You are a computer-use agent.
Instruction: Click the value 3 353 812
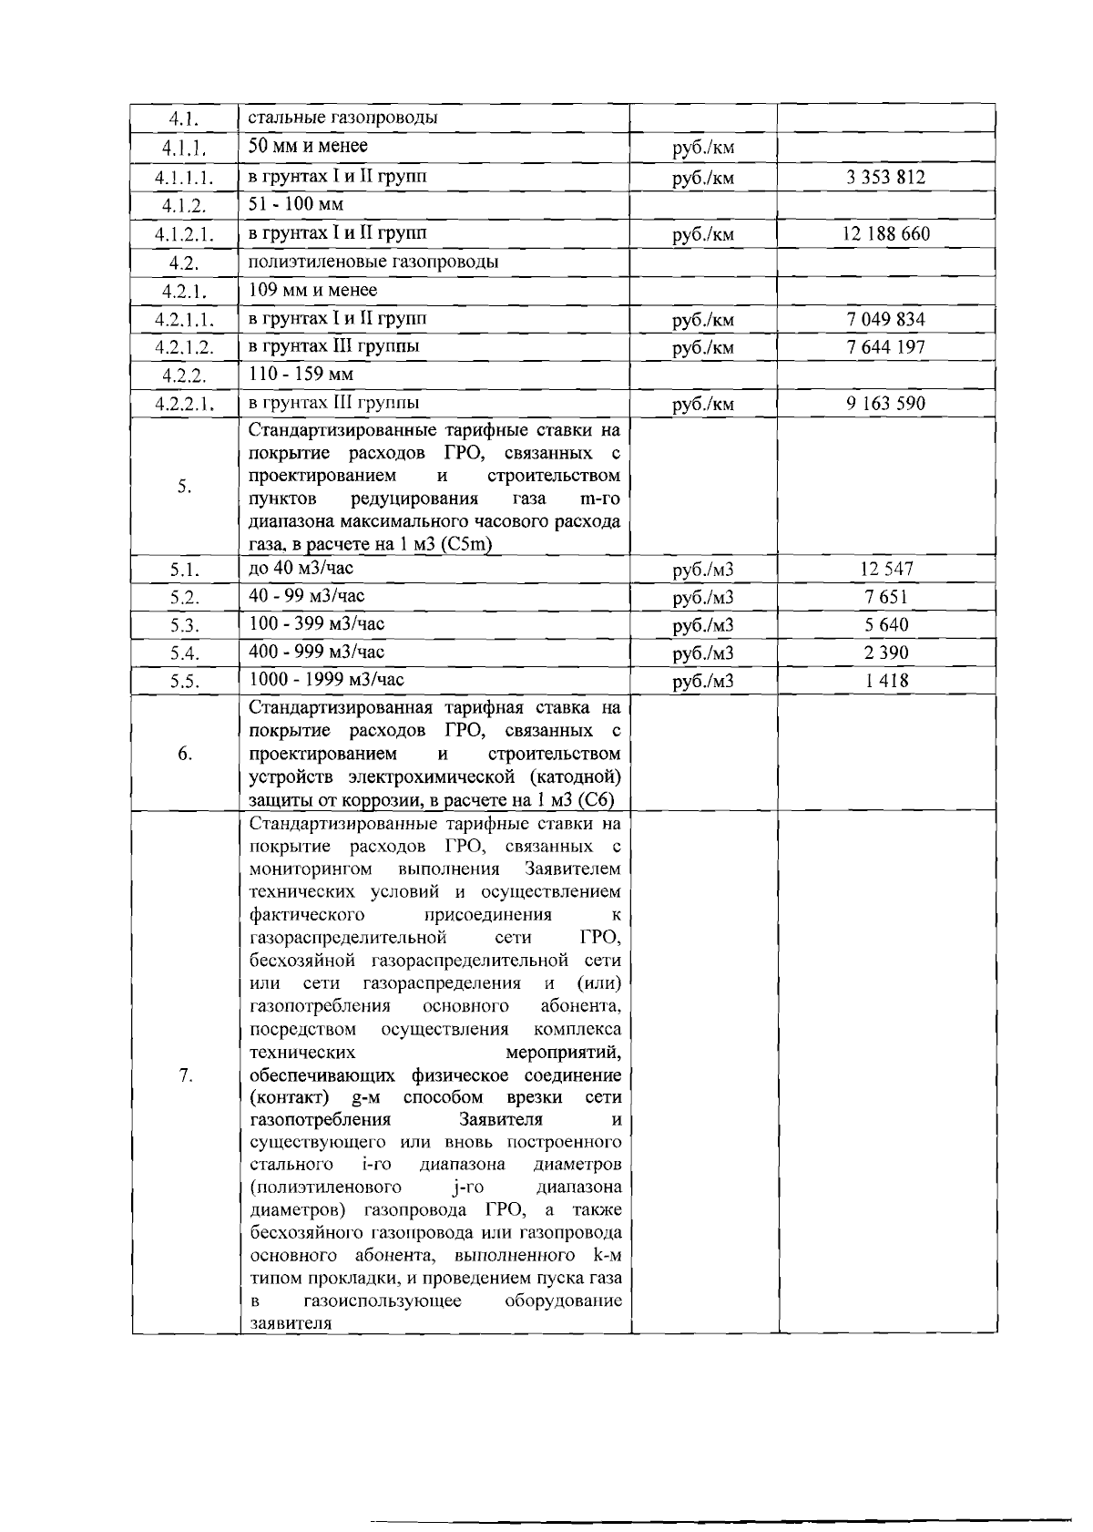pos(885,178)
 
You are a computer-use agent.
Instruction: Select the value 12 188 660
pos(885,234)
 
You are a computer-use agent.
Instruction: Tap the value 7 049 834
pos(885,319)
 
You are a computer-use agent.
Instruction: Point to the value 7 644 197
pos(885,347)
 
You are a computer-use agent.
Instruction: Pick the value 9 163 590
pos(885,403)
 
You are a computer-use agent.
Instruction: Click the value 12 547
pos(885,570)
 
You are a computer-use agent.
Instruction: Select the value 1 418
pos(885,681)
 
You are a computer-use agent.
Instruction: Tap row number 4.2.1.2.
pos(184,348)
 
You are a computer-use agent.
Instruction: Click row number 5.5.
pos(184,682)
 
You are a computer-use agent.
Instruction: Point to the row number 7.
pos(185,1076)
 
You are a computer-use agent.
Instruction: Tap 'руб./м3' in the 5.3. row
pos(702,626)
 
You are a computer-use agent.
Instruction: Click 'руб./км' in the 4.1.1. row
pos(702,148)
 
